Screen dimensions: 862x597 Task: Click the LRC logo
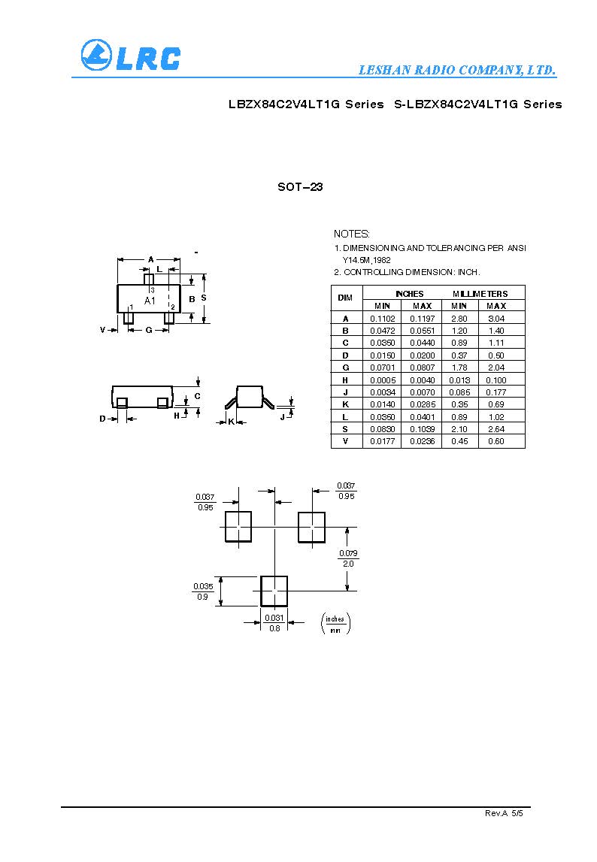(130, 56)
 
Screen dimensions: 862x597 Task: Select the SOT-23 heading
(300, 187)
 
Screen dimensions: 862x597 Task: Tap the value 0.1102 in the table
(382, 319)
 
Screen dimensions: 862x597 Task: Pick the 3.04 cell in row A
(495, 319)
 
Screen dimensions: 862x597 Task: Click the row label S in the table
(346, 429)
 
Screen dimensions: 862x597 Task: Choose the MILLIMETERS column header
(480, 294)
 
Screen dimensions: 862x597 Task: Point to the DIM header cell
(346, 298)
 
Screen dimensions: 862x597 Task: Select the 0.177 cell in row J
(495, 392)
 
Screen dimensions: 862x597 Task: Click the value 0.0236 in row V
(422, 441)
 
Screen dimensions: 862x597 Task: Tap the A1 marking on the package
(149, 301)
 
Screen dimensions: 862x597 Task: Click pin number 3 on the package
(152, 289)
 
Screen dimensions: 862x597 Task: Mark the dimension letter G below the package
(149, 330)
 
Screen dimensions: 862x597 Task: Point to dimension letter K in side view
(231, 422)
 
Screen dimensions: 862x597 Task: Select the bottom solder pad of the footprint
(274, 591)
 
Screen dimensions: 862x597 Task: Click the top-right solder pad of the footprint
(311, 527)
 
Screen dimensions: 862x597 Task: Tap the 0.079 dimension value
(348, 554)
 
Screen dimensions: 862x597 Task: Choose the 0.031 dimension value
(274, 618)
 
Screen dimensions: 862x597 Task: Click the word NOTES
(352, 234)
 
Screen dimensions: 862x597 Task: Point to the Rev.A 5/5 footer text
(503, 814)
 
